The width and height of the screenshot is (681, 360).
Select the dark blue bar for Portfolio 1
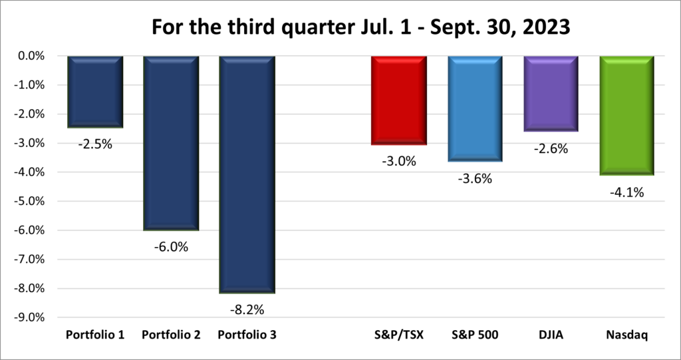(95, 91)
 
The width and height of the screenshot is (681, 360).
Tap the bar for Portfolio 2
(171, 142)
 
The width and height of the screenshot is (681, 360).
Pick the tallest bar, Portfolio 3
(247, 174)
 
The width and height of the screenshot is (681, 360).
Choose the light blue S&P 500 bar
(475, 108)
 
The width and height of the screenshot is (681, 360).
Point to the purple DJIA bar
(551, 94)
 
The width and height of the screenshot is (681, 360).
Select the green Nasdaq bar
(627, 116)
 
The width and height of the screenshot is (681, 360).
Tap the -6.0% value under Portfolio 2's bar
(171, 247)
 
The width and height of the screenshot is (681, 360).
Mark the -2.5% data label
(95, 144)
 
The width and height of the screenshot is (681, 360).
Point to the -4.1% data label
(627, 192)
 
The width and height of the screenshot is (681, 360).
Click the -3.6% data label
(475, 178)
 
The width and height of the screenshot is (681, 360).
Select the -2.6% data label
(551, 148)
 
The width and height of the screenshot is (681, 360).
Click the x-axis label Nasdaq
(627, 335)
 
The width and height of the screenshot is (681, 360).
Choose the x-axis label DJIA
(551, 335)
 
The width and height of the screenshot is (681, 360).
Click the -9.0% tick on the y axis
(29, 317)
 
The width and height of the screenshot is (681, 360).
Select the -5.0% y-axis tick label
(29, 201)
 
